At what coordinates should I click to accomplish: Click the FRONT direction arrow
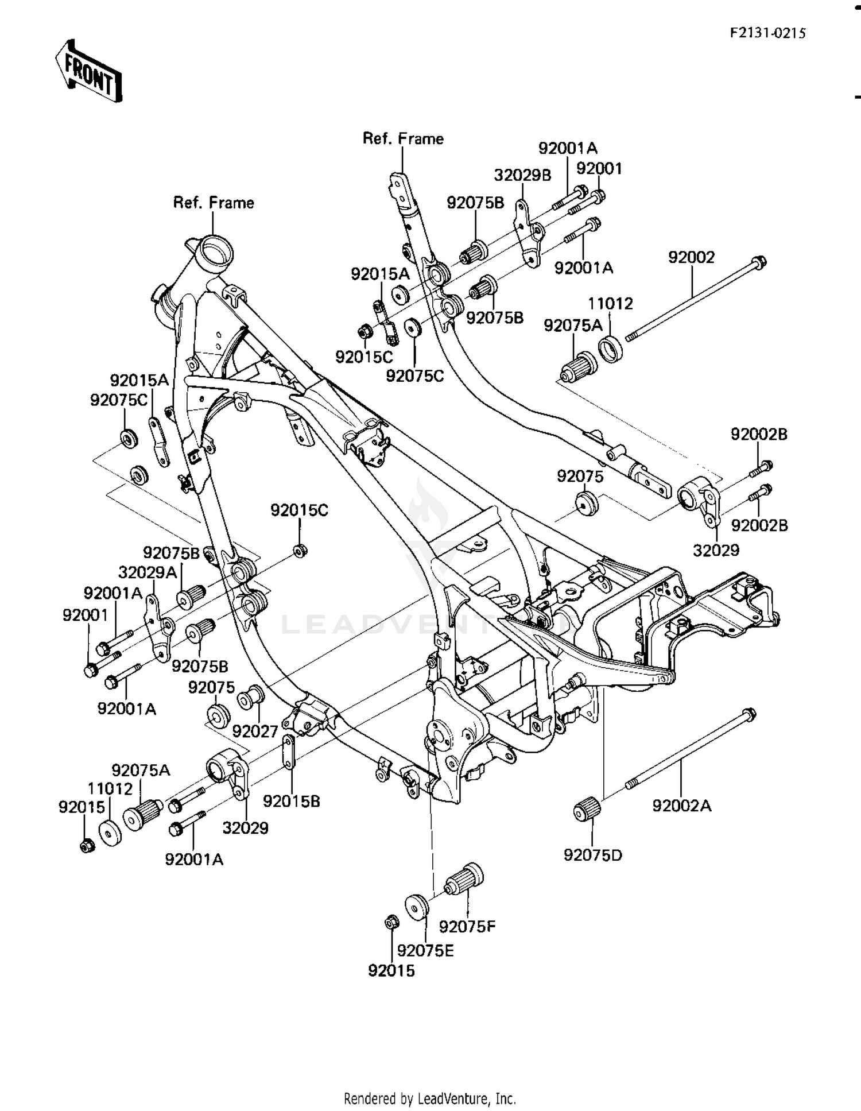click(89, 71)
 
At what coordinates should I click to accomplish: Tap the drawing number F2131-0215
click(767, 33)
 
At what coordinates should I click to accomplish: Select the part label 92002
click(691, 257)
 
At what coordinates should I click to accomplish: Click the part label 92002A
click(681, 806)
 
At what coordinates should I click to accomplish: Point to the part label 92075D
click(592, 855)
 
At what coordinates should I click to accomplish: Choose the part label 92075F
click(467, 926)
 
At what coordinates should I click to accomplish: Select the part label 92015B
click(291, 801)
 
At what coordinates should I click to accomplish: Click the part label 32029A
click(148, 572)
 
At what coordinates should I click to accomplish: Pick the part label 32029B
click(522, 175)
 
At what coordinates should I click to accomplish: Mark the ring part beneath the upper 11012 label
click(610, 350)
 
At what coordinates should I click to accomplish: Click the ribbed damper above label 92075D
click(587, 810)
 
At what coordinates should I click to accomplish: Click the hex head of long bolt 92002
click(759, 262)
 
